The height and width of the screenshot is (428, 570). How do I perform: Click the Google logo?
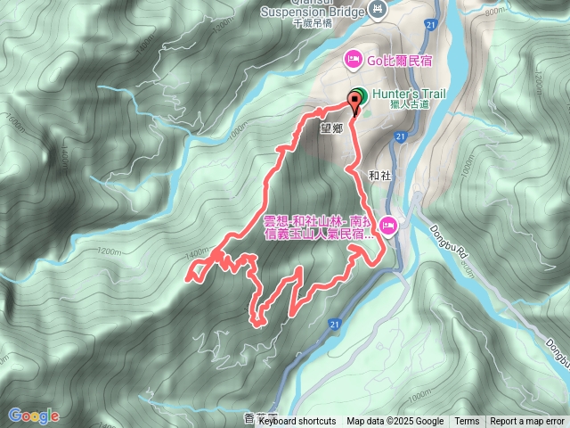coord(33,416)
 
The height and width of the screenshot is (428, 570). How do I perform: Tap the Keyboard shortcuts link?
coord(297,422)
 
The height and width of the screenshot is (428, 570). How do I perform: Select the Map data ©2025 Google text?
coord(395,422)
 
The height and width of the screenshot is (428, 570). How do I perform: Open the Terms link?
coord(467,422)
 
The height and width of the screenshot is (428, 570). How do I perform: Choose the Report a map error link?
coord(529,422)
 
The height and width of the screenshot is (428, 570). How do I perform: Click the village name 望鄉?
coord(331,128)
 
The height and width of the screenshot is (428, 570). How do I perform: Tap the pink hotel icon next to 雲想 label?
coord(389,225)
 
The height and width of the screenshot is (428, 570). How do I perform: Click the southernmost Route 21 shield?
coord(333,323)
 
